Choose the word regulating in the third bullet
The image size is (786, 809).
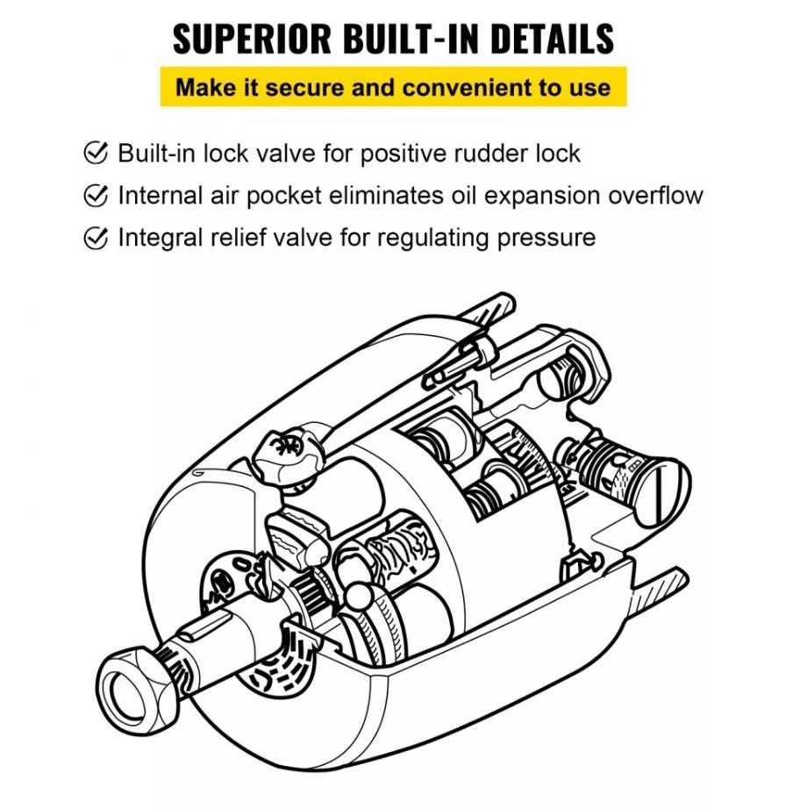click(415, 237)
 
